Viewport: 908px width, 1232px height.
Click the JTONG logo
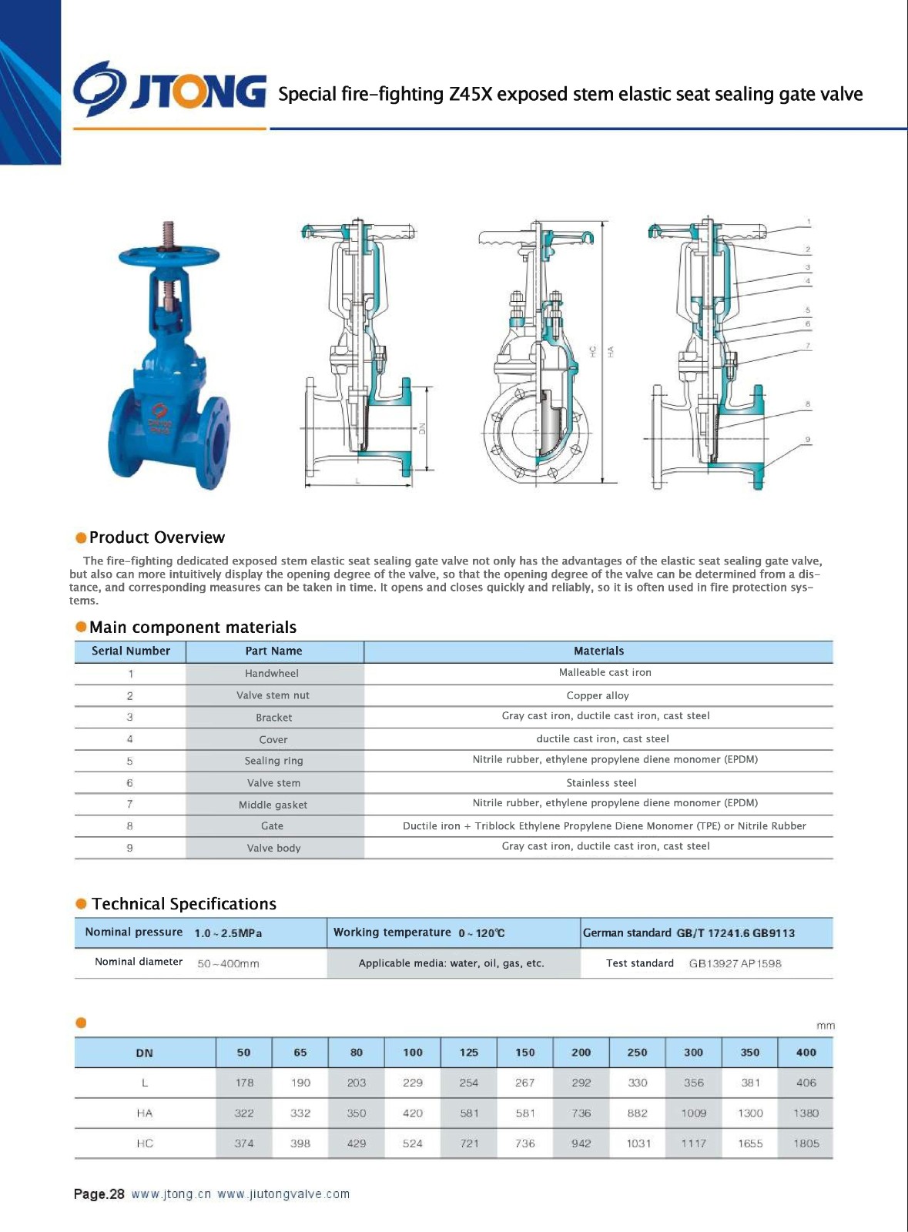pyautogui.click(x=169, y=91)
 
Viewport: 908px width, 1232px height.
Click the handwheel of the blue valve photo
pyautogui.click(x=169, y=255)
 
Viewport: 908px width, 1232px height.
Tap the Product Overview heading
pyautogui.click(x=157, y=537)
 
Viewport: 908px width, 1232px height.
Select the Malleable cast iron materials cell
pyautogui.click(x=605, y=673)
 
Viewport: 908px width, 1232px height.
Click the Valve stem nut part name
pyautogui.click(x=273, y=695)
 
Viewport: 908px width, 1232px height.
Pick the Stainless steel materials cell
pyautogui.click(x=601, y=783)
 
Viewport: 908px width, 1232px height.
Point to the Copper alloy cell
pyautogui.click(x=598, y=695)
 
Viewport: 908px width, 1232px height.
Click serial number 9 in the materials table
pyautogui.click(x=129, y=848)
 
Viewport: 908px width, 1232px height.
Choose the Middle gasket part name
pyautogui.click(x=273, y=805)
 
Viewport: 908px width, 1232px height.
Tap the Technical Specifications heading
pyautogui.click(x=183, y=904)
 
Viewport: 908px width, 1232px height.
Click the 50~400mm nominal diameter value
pyautogui.click(x=228, y=963)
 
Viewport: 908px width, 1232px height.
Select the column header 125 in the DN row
pyautogui.click(x=468, y=1053)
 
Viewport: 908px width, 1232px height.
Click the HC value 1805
pyautogui.click(x=806, y=1143)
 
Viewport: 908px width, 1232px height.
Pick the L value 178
pyautogui.click(x=244, y=1083)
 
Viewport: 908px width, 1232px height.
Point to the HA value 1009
pyautogui.click(x=693, y=1113)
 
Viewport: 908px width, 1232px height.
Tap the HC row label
pyautogui.click(x=145, y=1143)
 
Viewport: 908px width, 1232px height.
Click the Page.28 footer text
pyautogui.click(x=99, y=1194)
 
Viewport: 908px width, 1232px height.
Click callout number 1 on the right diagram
pyautogui.click(x=809, y=222)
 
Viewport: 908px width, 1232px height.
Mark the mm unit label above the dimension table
pyautogui.click(x=825, y=1026)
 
